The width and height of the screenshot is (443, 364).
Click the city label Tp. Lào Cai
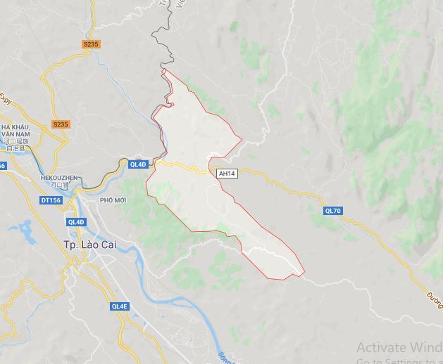(x=89, y=244)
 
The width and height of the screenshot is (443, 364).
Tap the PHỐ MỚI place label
(x=113, y=200)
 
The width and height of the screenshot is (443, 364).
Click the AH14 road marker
(x=227, y=173)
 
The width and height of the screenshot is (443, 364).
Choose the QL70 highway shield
(x=333, y=210)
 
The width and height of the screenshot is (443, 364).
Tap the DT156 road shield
(x=51, y=200)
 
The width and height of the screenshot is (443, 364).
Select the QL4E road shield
(x=120, y=306)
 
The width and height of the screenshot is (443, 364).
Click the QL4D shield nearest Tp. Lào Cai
(x=75, y=222)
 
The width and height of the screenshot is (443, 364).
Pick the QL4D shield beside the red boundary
(x=138, y=164)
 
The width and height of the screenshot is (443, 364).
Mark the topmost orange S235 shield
(x=92, y=44)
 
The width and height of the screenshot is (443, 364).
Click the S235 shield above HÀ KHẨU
(x=61, y=124)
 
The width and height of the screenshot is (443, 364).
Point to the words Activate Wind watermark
(x=399, y=347)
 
